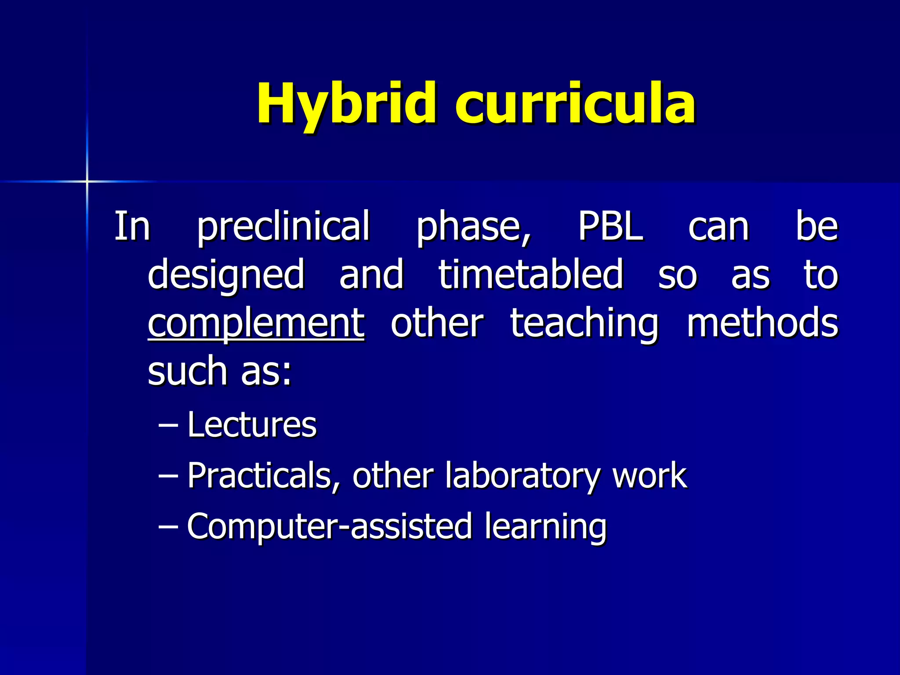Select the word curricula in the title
tap(575, 105)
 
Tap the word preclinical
tap(283, 227)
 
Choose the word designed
tap(226, 276)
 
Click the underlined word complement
tap(256, 324)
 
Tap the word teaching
tap(584, 324)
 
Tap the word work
tap(650, 475)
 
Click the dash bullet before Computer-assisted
tap(168, 526)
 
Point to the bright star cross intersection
tap(87, 181)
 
